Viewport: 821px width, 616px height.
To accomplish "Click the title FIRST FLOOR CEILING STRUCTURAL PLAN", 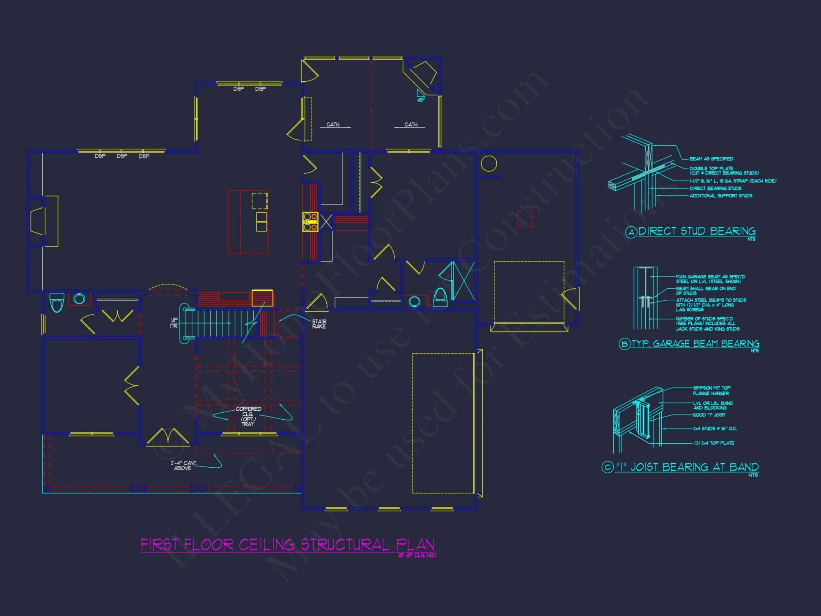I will (x=287, y=545).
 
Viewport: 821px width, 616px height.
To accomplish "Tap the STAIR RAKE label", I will (x=319, y=324).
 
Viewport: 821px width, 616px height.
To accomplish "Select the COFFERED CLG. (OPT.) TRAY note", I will (x=248, y=416).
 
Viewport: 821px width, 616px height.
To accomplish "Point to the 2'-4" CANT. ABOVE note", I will (x=183, y=465).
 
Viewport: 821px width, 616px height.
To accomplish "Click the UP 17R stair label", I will (x=174, y=323).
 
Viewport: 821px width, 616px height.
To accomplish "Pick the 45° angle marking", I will (x=421, y=100).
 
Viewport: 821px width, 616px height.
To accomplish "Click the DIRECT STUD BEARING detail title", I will (x=697, y=231).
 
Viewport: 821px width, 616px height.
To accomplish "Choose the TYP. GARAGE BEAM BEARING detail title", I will (x=695, y=344).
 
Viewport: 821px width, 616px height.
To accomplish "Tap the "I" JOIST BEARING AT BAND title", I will (x=686, y=467).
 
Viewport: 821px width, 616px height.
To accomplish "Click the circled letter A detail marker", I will (x=631, y=232).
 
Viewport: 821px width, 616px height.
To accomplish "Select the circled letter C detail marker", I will (x=607, y=467).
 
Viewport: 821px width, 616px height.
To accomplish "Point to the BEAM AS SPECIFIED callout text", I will (x=711, y=159).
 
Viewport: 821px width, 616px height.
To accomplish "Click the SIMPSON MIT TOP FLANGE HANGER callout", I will (x=711, y=391).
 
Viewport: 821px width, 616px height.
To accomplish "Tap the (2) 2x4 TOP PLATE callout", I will (x=714, y=443).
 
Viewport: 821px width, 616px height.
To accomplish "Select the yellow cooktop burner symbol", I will (x=310, y=222).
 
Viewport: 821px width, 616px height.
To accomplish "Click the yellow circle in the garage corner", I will (x=488, y=164).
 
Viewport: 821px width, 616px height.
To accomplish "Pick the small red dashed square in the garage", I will (x=525, y=219).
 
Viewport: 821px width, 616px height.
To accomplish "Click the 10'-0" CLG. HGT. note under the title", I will (x=417, y=556).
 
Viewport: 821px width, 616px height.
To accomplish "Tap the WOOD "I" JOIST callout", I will (x=709, y=415).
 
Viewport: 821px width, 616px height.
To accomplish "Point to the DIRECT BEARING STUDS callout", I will (x=715, y=188).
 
